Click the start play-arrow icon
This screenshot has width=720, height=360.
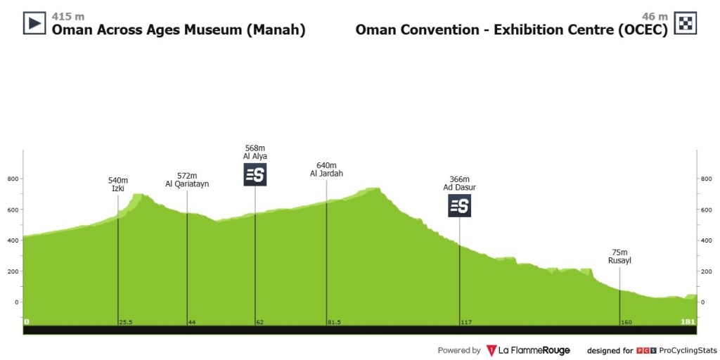pyautogui.click(x=34, y=24)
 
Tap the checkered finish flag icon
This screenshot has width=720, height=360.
pyautogui.click(x=685, y=24)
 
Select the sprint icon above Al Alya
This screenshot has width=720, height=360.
pyautogui.click(x=255, y=175)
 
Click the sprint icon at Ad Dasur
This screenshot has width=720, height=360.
pyautogui.click(x=460, y=205)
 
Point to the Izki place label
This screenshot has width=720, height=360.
pyautogui.click(x=117, y=189)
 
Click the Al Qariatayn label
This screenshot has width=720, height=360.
pyautogui.click(x=187, y=184)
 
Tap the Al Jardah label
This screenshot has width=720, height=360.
pyautogui.click(x=326, y=174)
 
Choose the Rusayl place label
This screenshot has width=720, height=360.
pyautogui.click(x=619, y=261)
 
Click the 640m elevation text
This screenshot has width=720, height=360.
pyautogui.click(x=326, y=165)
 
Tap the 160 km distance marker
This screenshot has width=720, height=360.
pyautogui.click(x=626, y=322)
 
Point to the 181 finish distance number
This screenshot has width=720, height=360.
pyautogui.click(x=688, y=322)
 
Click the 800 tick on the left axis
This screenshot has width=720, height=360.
pyautogui.click(x=12, y=179)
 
